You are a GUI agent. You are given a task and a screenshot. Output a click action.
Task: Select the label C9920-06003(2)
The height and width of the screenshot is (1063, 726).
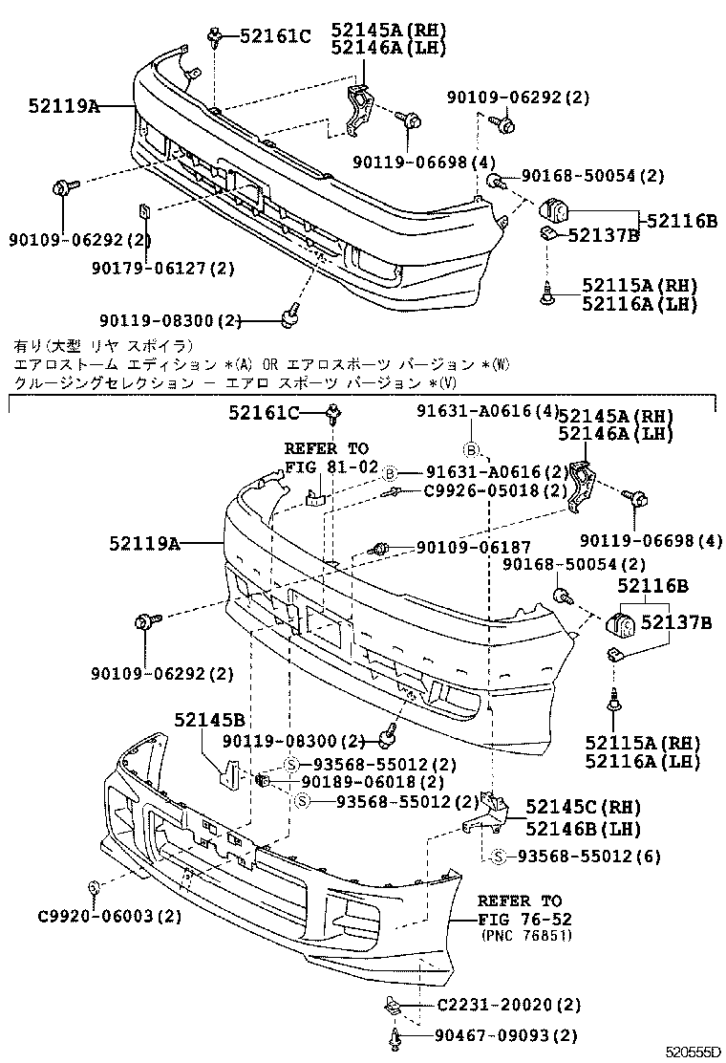(110, 916)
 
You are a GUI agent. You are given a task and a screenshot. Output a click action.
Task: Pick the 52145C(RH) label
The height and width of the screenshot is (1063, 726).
(583, 806)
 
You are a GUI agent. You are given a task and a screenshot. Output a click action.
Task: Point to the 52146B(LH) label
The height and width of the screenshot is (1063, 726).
(583, 828)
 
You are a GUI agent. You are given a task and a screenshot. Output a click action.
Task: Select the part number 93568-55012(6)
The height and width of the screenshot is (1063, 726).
(588, 857)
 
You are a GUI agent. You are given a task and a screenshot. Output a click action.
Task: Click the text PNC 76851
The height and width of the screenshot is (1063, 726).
(527, 936)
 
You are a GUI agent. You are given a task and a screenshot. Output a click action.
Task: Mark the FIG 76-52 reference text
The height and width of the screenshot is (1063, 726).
(521, 919)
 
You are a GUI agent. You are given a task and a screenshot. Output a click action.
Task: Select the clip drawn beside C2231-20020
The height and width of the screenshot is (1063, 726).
(392, 1005)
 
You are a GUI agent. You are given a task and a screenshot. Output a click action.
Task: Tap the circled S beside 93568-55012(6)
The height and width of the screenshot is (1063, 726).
(500, 857)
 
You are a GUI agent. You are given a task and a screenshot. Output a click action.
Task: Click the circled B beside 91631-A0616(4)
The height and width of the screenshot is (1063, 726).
(472, 449)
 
